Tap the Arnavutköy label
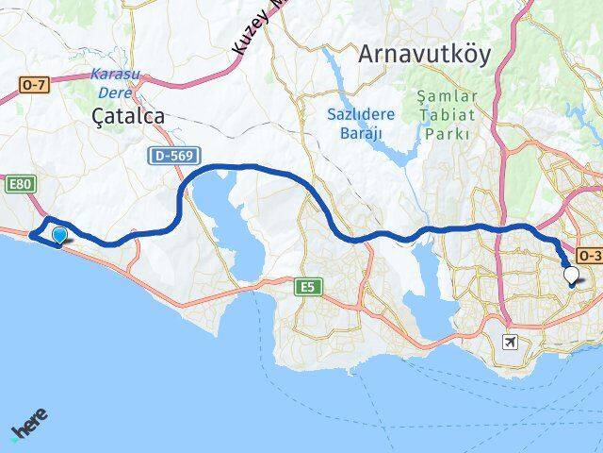pos(424,55)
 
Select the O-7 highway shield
pos(33,85)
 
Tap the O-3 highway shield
pos(589,255)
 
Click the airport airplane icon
pos(511,341)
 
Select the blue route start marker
pos(60,235)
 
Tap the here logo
pos(29,426)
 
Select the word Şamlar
pos(448,96)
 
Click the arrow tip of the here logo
pos(13,439)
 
